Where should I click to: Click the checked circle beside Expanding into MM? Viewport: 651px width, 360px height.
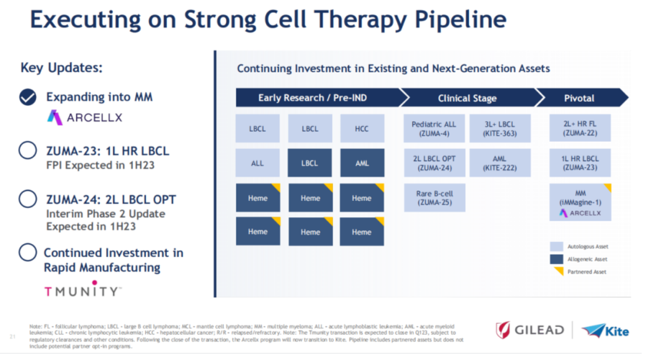[x=28, y=97]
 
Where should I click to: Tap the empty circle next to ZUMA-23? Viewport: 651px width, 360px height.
[x=28, y=150]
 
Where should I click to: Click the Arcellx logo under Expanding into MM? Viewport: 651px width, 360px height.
[x=84, y=117]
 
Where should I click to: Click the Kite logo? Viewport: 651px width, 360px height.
[x=605, y=330]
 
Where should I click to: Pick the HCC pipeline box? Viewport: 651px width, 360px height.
[x=362, y=128]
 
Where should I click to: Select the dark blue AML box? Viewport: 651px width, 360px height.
[x=362, y=163]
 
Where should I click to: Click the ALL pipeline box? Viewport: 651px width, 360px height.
[x=257, y=163]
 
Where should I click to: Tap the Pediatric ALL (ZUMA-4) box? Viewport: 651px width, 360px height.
[x=434, y=128]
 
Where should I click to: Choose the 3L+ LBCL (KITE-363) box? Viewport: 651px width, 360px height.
[x=500, y=128]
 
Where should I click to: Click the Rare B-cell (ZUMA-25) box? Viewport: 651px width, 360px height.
[x=434, y=198]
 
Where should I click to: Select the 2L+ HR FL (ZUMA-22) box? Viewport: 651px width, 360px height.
[x=580, y=128]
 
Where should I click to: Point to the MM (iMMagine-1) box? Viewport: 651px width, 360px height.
[x=580, y=202]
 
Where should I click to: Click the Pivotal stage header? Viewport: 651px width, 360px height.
[x=579, y=98]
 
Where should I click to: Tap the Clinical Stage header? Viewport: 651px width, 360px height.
[x=467, y=98]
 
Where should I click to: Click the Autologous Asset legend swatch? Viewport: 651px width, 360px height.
[x=556, y=246]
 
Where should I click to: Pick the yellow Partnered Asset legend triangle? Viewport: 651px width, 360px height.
[x=558, y=271]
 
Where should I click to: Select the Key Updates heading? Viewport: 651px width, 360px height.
[x=61, y=68]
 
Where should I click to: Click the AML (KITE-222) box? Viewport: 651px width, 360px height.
[x=500, y=163]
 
